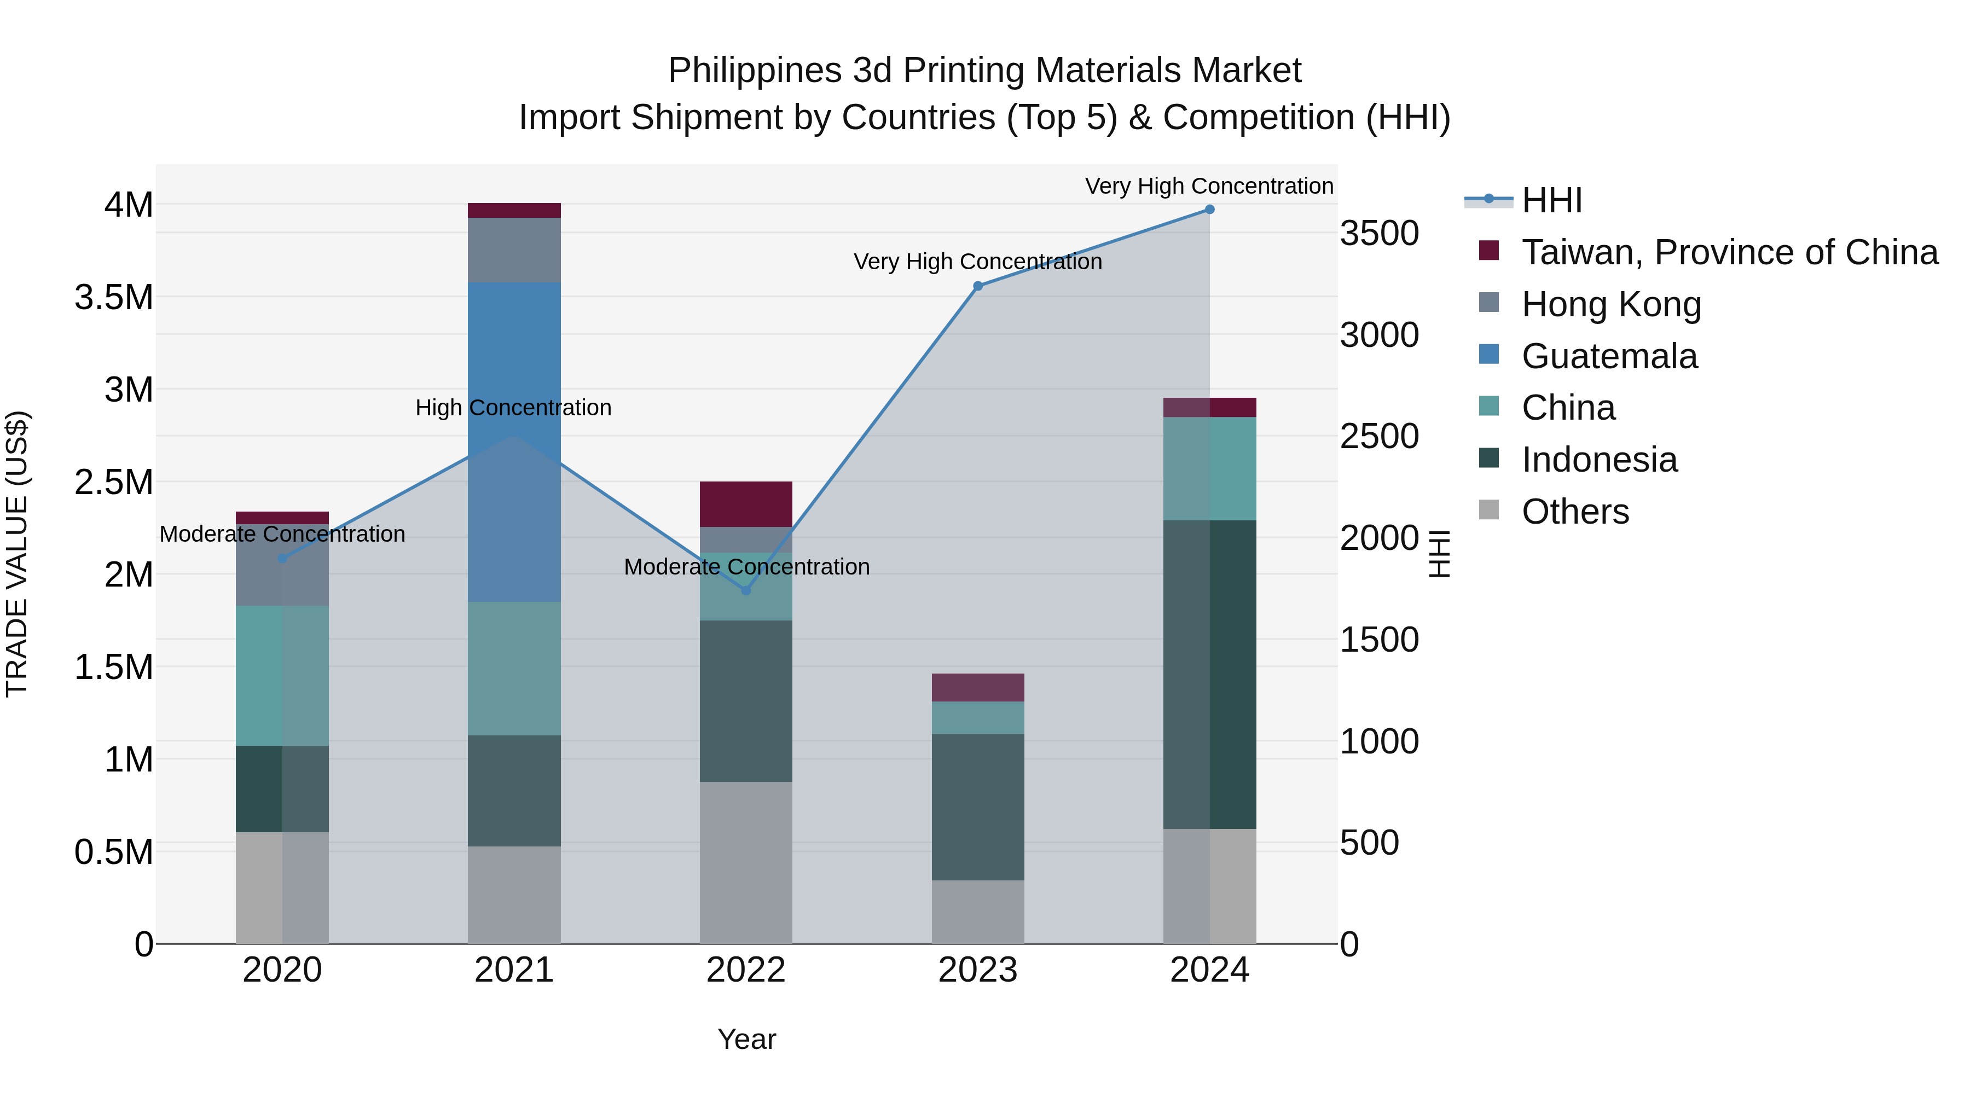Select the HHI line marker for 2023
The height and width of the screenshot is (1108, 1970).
pos(977,286)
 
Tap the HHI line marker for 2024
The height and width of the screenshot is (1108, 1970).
pos(1209,210)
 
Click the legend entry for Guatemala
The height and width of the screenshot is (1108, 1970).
pos(1609,356)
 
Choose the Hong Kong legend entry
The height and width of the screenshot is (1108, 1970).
pos(1610,304)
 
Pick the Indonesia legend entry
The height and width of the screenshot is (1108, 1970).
pos(1599,460)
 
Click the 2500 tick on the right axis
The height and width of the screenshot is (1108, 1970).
pos(1379,437)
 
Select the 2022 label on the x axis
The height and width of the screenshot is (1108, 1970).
pos(746,970)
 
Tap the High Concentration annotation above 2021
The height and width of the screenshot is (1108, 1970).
pos(513,408)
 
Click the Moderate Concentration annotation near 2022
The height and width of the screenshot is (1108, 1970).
pos(746,567)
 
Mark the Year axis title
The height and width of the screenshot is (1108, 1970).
pos(746,1039)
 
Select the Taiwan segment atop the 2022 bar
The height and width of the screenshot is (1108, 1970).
pos(746,504)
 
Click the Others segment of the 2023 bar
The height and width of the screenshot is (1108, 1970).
pos(977,912)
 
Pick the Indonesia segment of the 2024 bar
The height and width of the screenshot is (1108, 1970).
pos(1209,675)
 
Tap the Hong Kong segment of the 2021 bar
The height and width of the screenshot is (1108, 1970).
pos(514,250)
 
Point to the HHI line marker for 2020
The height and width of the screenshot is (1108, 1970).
pos(282,558)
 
